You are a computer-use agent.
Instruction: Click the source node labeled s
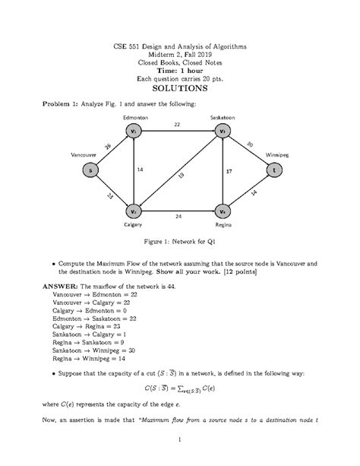click(92, 170)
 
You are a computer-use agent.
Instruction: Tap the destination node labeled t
click(272, 170)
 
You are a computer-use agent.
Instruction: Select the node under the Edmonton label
click(134, 131)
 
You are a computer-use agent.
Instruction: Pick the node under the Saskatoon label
click(223, 131)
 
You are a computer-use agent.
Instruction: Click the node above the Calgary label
click(134, 211)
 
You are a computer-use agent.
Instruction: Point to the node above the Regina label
click(223, 211)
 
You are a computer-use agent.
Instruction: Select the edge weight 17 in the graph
click(229, 172)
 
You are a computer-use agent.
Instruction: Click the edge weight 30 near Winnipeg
click(250, 144)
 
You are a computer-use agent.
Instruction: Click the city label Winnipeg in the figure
click(277, 154)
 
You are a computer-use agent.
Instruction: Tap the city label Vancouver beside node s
click(83, 154)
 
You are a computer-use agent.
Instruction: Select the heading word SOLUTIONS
click(180, 89)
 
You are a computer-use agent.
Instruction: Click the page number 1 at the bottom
click(180, 440)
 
